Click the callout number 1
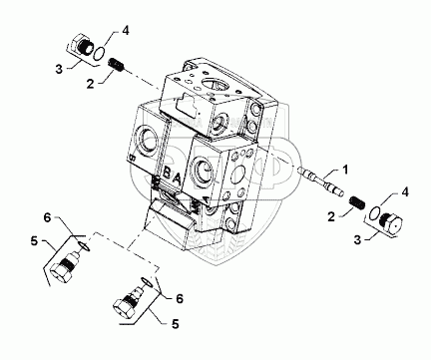pos(346,170)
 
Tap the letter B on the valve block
pos(167,174)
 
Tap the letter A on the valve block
pos(178,180)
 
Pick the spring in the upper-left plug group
pos(117,64)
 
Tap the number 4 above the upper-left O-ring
pos(125,31)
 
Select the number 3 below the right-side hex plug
pos(358,239)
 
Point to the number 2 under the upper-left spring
pos(90,84)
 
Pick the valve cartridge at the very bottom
pos(128,303)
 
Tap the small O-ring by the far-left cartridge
pos(84,246)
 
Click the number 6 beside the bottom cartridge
pos(180,299)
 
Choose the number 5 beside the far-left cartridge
pos(35,241)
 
